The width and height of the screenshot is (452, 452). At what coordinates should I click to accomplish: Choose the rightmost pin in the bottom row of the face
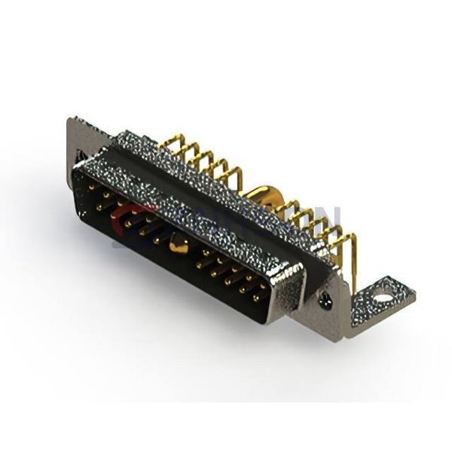(257, 297)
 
